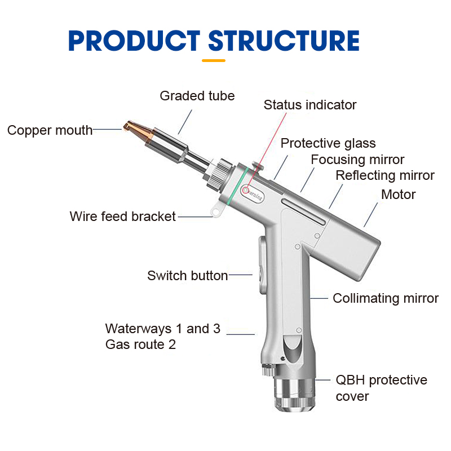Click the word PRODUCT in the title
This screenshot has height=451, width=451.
click(x=134, y=41)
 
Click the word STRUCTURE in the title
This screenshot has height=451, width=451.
click(x=284, y=41)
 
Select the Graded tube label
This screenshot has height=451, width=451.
click(x=197, y=96)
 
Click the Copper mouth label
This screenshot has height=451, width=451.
click(x=50, y=130)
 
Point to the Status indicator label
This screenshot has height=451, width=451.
click(x=310, y=105)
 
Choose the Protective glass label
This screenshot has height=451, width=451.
click(x=328, y=143)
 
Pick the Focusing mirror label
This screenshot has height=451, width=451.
click(x=357, y=160)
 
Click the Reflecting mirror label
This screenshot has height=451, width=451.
click(x=385, y=175)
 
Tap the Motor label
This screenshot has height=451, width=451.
click(x=398, y=195)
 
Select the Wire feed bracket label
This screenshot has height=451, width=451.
click(x=123, y=216)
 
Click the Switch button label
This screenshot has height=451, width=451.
click(x=187, y=276)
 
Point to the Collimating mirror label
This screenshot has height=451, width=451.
click(x=386, y=298)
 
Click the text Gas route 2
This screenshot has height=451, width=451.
click(x=140, y=344)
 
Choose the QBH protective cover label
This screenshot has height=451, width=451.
click(x=381, y=388)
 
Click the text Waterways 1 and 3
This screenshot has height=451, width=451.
click(x=162, y=329)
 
